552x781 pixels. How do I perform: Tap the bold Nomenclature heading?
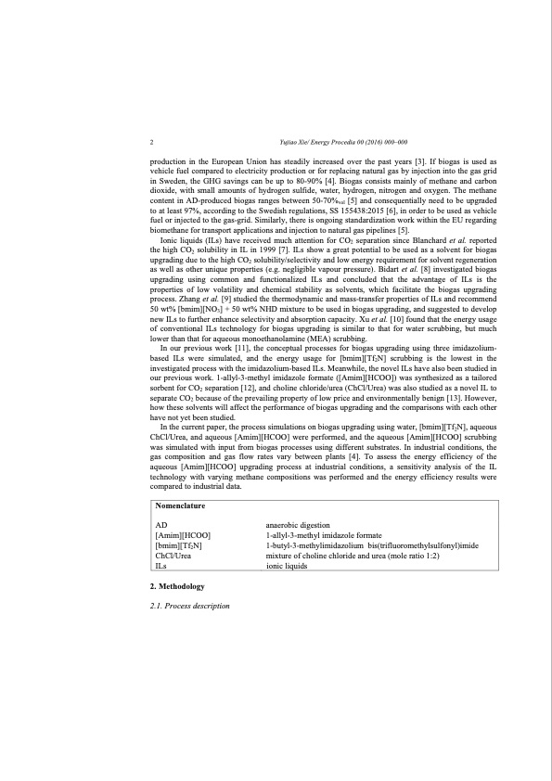click(x=180, y=507)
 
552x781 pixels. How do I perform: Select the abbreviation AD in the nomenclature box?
click(x=160, y=525)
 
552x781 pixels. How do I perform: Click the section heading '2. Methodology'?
click(x=177, y=587)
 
